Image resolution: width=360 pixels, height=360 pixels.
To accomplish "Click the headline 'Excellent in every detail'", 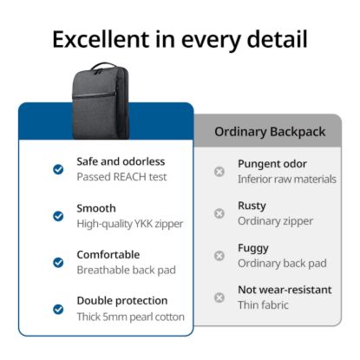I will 180,39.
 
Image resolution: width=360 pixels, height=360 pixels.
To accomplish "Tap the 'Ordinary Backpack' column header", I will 269,132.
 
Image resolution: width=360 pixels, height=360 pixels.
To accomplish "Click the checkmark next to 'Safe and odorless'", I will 58,169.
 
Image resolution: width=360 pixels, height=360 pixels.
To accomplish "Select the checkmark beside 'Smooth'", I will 58,216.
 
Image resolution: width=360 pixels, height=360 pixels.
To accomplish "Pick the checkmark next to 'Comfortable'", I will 58,262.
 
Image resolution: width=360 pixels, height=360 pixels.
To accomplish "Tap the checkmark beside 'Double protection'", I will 58,309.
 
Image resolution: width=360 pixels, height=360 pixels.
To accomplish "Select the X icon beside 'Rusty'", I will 219,213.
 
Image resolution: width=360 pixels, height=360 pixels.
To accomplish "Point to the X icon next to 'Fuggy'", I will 219,256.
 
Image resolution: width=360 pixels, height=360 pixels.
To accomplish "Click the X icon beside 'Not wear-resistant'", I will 219,298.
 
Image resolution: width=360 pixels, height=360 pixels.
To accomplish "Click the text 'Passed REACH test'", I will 121,177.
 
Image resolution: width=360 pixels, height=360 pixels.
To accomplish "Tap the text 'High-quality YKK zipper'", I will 130,224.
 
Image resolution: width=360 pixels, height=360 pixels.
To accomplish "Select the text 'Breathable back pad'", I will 126,270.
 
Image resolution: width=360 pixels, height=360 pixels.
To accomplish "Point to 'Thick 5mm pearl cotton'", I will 130,317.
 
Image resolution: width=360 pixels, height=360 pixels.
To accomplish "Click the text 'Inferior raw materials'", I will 287,180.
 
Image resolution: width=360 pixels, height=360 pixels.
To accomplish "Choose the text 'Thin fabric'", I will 263,305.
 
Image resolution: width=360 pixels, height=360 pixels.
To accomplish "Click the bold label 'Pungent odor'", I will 272,164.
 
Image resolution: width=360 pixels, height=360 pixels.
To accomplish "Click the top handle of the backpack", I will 102,66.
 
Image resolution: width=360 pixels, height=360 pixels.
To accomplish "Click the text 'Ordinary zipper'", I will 276,221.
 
